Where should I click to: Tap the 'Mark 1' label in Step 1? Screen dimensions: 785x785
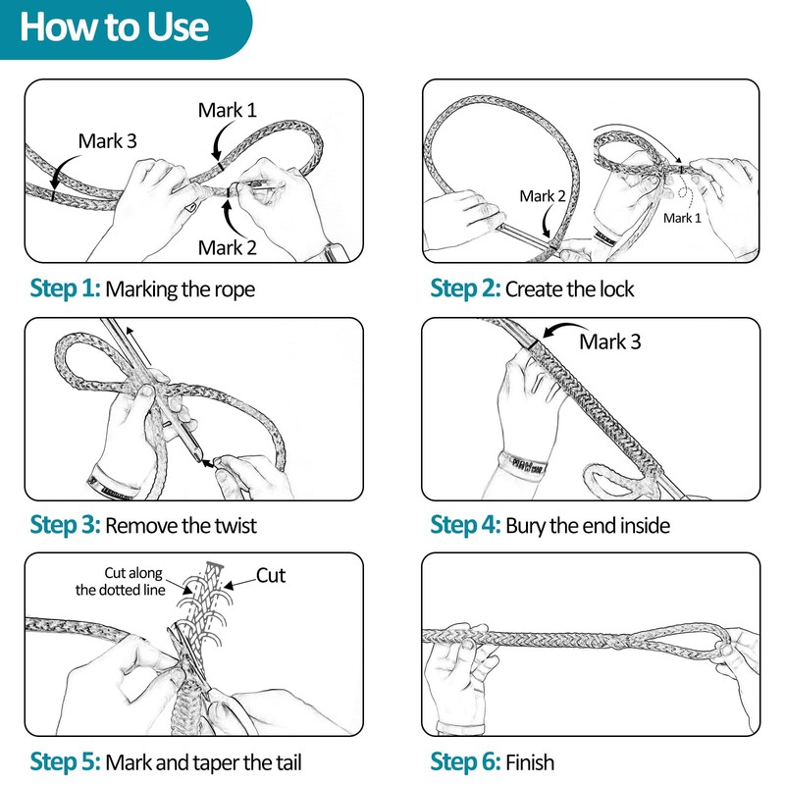click(x=228, y=110)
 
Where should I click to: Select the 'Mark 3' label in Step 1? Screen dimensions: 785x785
click(x=107, y=141)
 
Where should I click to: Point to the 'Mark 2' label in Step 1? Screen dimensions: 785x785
click(x=228, y=248)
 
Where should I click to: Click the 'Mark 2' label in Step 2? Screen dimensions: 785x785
click(x=543, y=196)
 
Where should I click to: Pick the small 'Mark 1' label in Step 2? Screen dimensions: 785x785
click(x=682, y=218)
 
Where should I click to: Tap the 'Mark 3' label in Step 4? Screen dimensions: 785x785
click(x=609, y=341)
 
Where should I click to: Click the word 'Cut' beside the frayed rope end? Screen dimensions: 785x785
click(x=271, y=576)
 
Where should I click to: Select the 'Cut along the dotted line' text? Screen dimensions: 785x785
click(x=121, y=581)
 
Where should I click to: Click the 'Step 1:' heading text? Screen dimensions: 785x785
click(x=65, y=288)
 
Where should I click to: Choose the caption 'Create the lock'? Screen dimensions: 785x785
click(x=570, y=289)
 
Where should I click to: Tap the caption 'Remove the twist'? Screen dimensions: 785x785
click(x=181, y=526)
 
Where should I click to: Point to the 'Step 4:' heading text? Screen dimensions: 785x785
click(x=465, y=525)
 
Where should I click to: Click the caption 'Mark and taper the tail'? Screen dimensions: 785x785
click(x=203, y=763)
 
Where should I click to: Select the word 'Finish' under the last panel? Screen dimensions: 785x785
click(x=530, y=763)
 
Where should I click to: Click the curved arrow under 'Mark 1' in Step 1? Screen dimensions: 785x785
click(x=219, y=141)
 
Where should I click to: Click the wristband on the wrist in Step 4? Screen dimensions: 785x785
click(x=522, y=465)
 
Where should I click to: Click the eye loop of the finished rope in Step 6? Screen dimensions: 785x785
click(x=682, y=641)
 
